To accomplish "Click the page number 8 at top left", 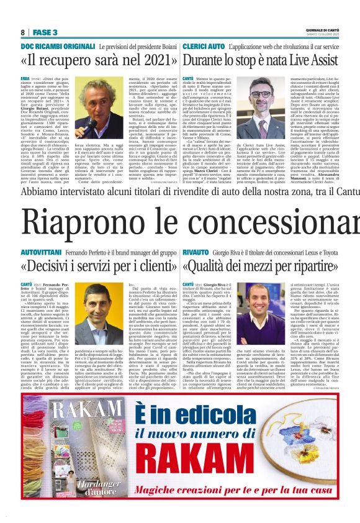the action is pos(22,32).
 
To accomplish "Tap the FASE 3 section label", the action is pos(45,32).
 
